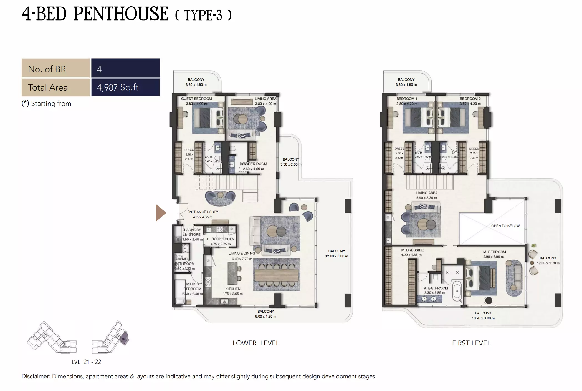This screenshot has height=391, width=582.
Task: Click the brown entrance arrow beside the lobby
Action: coord(160,213)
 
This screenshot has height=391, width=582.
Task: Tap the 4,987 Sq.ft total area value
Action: coord(118,87)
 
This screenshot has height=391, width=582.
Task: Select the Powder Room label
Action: coord(253,164)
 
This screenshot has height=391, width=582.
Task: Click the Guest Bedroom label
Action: coord(196,99)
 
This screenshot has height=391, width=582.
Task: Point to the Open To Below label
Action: coord(505,226)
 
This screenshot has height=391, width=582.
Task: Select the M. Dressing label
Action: coord(413,250)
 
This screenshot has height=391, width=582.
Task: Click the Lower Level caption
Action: coord(256,343)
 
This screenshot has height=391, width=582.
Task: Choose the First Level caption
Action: coord(471,343)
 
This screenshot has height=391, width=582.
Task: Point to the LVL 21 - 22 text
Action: coord(86,362)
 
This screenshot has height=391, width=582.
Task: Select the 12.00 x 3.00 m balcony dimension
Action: coord(336,256)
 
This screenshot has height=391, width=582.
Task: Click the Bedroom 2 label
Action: coord(470,99)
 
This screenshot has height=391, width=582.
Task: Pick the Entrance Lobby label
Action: coord(203,212)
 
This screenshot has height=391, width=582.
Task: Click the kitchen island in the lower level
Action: coord(232,274)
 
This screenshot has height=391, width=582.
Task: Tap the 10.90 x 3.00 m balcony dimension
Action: coord(483,318)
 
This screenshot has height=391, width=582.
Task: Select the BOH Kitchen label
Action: coord(223,239)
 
